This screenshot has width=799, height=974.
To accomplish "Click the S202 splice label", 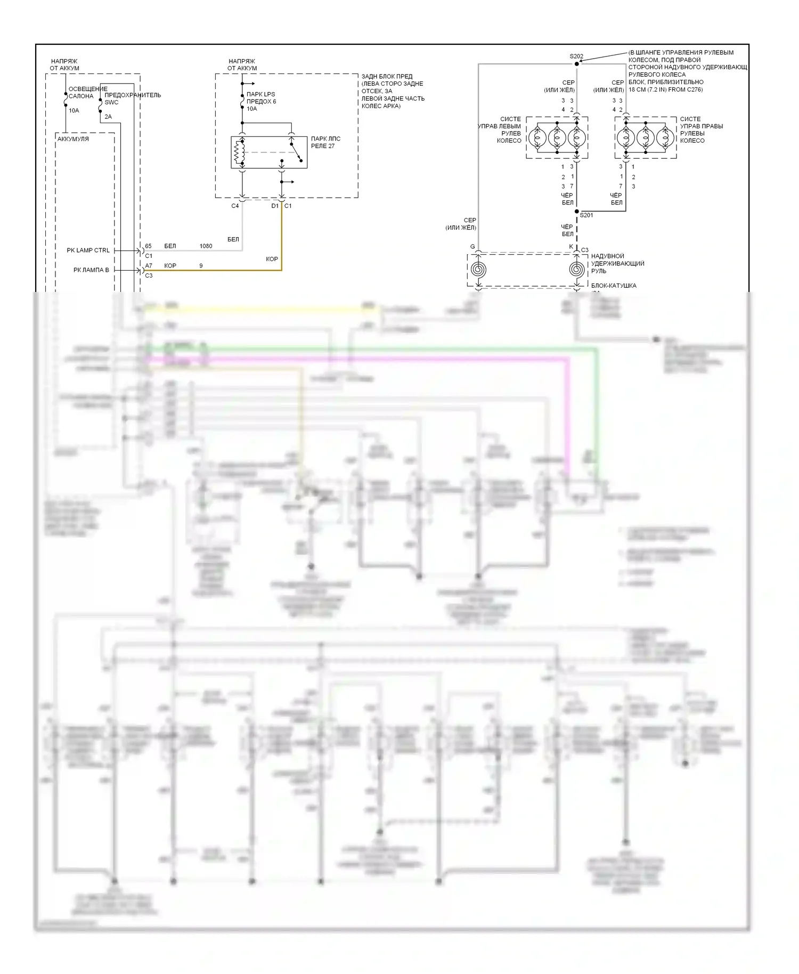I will [576, 56].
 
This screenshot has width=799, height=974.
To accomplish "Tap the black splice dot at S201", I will [576, 212].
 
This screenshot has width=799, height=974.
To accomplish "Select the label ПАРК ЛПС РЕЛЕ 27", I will [325, 142].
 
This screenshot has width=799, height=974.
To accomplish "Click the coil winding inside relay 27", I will [239, 152].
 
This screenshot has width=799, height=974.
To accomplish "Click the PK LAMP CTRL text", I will [88, 250].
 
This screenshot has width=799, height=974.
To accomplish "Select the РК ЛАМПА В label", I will [91, 270].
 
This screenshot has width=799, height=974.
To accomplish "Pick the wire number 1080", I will [206, 246].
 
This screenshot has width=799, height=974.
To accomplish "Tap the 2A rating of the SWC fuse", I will [108, 117].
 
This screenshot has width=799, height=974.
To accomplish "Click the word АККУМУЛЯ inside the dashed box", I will [73, 139].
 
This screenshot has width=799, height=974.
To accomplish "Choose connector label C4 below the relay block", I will [235, 206].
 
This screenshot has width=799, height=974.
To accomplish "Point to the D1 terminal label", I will [275, 206].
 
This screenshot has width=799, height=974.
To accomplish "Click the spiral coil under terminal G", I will [478, 269].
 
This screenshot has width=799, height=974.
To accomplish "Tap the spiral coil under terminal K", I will [576, 269].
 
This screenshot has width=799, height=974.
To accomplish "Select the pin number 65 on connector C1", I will [148, 246].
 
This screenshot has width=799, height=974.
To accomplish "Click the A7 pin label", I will [149, 266].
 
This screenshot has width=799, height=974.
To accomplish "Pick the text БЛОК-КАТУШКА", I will [613, 286].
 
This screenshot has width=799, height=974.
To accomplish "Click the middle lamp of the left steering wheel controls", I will [557, 138].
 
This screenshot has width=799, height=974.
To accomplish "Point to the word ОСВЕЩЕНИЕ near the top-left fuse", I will [88, 89].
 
